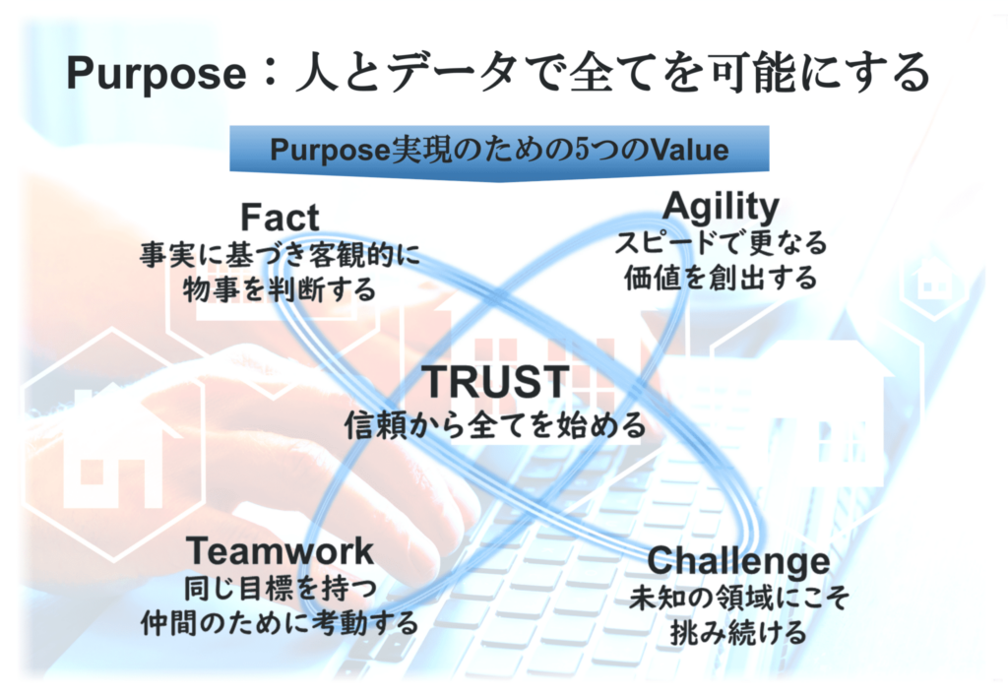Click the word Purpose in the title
click(x=157, y=74)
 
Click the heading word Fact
click(x=280, y=218)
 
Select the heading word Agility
click(x=721, y=209)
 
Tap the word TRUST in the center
click(x=496, y=381)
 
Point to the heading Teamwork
click(x=280, y=550)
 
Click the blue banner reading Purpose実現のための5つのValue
click(x=499, y=151)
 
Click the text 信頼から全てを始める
click(x=495, y=425)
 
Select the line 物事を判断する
click(x=280, y=288)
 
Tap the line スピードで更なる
click(x=721, y=243)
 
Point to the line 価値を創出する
click(x=721, y=278)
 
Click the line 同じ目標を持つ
click(x=281, y=588)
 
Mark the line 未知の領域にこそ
click(x=738, y=598)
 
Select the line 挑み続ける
click(x=738, y=632)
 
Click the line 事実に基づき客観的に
click(x=280, y=255)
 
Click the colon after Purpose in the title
click(x=271, y=74)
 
